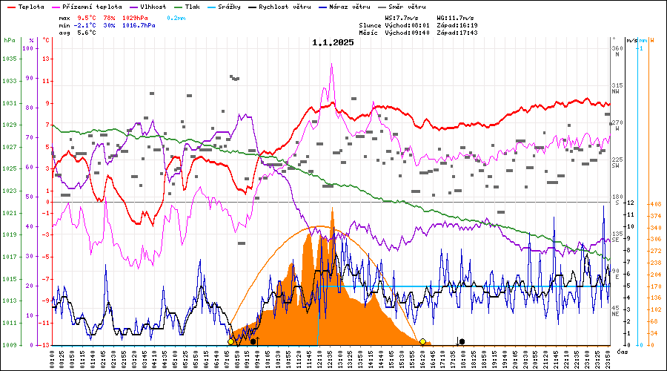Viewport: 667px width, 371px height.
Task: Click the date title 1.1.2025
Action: [x=333, y=42]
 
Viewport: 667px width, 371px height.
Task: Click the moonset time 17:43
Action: [x=467, y=33]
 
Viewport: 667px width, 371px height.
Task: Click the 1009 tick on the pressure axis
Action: [x=10, y=345]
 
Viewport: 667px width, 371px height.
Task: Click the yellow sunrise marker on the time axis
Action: [x=231, y=341]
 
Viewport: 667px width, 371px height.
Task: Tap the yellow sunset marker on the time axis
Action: [x=422, y=341]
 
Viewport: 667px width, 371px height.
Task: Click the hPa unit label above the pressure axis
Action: [x=9, y=40]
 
